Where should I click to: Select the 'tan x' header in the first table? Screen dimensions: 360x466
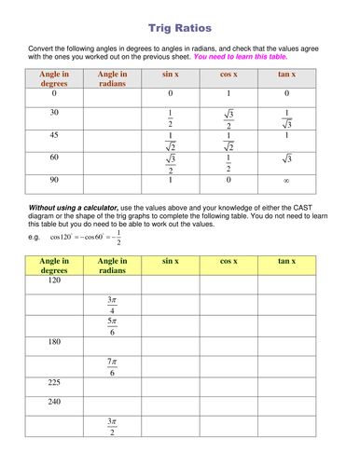287,74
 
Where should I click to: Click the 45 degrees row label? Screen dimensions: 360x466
54,135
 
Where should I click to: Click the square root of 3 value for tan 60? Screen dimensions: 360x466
287,159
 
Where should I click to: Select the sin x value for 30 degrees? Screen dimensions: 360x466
170,117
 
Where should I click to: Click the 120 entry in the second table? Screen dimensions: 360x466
54,280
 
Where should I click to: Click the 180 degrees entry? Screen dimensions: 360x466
54,343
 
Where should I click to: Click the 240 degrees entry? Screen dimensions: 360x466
54,404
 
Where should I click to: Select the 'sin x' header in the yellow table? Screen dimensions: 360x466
170,263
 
